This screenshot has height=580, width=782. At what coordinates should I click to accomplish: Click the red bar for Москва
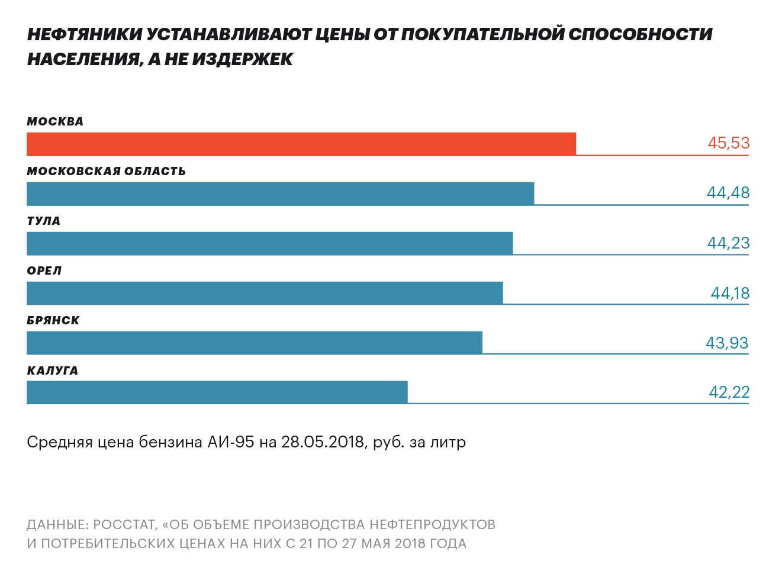tap(301, 144)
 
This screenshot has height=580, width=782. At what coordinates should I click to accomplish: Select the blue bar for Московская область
tap(280, 194)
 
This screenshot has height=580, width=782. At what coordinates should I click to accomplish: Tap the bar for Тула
tap(269, 243)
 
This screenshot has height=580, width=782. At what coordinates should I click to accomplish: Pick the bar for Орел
tap(265, 293)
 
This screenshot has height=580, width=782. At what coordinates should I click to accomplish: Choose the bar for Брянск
tap(255, 343)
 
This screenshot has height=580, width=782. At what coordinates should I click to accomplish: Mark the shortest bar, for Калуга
tap(217, 392)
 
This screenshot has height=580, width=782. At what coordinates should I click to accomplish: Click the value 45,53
tap(728, 143)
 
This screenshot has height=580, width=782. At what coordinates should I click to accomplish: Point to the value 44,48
tap(728, 193)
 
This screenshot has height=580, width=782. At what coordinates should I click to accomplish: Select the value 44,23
tap(728, 243)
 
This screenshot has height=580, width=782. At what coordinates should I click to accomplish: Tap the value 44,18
tap(730, 293)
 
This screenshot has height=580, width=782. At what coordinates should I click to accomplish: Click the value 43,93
tap(727, 343)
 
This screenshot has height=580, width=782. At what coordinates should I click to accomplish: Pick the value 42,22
tap(729, 392)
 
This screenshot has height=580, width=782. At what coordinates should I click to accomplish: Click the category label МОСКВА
tap(55, 122)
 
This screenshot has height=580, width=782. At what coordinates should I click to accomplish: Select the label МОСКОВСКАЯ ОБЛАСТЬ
tap(106, 172)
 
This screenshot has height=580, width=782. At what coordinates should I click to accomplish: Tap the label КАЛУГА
tap(52, 371)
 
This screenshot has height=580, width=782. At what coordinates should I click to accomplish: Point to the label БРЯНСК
tap(53, 321)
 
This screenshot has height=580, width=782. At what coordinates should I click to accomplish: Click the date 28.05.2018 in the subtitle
tap(322, 442)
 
